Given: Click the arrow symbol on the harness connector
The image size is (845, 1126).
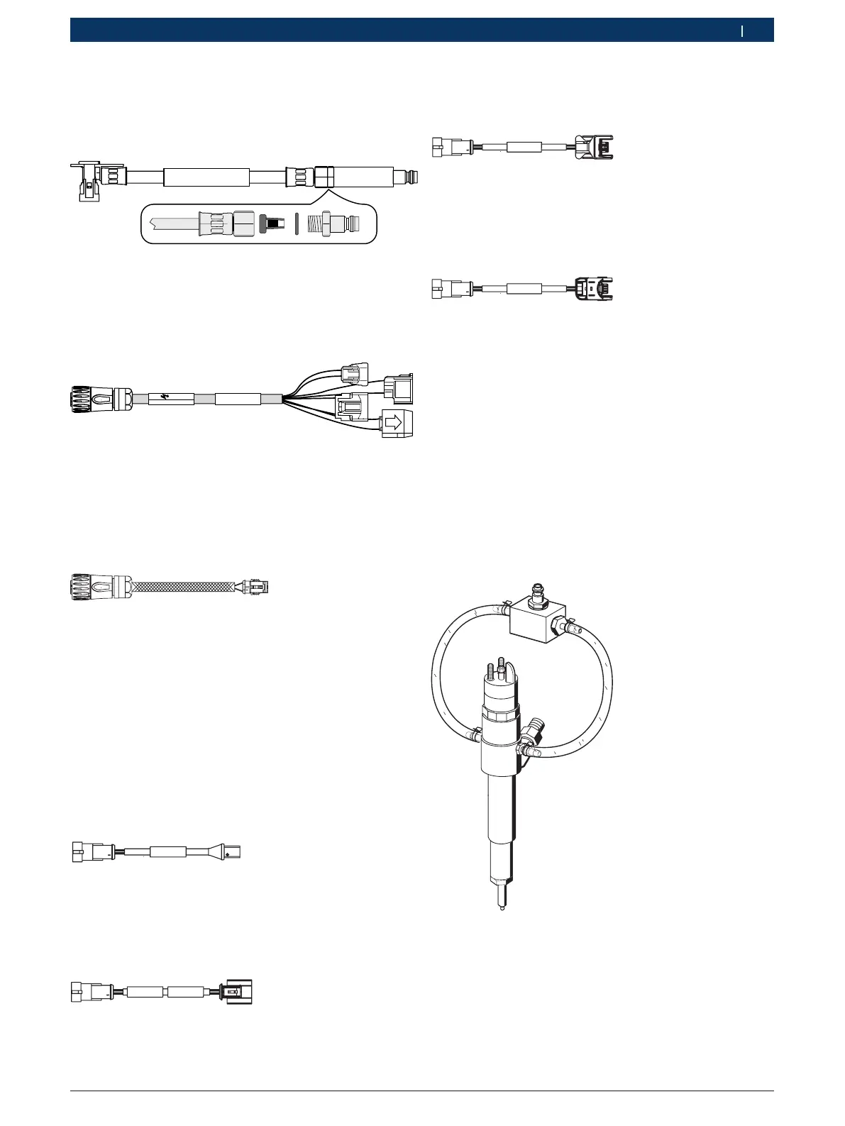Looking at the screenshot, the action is [x=393, y=423].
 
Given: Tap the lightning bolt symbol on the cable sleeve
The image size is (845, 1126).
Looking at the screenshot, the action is [x=170, y=399].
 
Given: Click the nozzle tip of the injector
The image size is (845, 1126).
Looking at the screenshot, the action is [x=502, y=906].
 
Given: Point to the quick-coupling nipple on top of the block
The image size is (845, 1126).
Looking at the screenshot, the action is [x=537, y=590].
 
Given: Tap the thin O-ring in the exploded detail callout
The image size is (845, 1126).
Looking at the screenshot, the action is [x=297, y=223].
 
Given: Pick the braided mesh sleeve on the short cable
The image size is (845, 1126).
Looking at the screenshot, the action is [x=183, y=587].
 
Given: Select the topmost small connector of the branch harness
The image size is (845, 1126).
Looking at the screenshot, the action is [x=355, y=372].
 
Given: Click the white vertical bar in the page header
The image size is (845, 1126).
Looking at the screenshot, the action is [x=742, y=31].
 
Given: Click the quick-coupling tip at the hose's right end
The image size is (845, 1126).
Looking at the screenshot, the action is [x=407, y=175].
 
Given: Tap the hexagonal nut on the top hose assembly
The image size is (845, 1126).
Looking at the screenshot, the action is [x=324, y=177].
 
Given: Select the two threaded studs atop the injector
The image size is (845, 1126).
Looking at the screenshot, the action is [x=495, y=668].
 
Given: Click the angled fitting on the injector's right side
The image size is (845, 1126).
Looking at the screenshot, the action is [x=534, y=731].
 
